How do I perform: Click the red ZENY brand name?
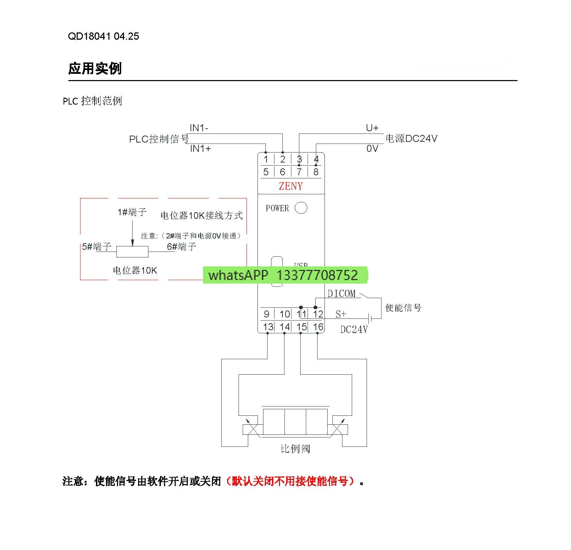coord(291,186)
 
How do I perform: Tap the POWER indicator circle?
coord(301,208)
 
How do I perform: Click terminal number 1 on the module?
coord(266,159)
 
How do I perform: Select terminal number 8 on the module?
coord(316,172)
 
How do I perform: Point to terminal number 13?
coord(268,327)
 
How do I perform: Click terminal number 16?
coord(318,327)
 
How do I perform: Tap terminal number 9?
coord(267,314)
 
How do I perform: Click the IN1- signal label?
coord(199,128)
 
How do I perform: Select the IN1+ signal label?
coord(200,149)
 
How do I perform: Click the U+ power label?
coord(372,128)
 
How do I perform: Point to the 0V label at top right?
coord(372,149)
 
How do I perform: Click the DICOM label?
coord(341,294)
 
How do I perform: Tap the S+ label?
coord(341,314)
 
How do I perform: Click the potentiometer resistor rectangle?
coord(132,252)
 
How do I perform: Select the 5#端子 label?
coord(97,247)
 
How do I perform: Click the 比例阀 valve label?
coord(295,449)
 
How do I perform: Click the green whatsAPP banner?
coord(285,275)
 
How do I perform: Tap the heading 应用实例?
coord(95,68)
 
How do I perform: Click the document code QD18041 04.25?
coord(103,36)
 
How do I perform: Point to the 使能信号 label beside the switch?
coord(403,307)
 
